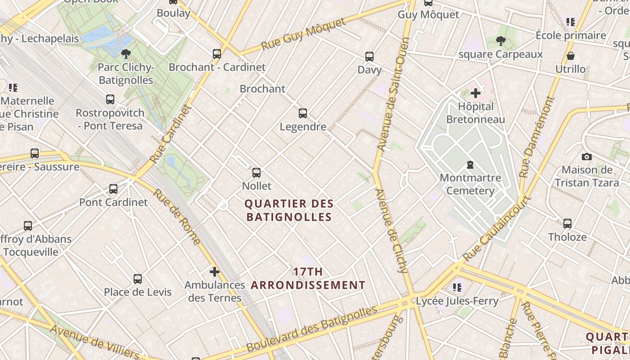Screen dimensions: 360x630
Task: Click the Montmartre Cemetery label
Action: click(470, 184)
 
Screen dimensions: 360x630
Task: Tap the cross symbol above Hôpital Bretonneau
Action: click(476, 93)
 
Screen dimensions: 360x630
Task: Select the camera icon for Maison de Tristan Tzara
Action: click(586, 157)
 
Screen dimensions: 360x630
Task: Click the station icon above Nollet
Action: click(256, 172)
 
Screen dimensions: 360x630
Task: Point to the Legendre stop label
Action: click(303, 126)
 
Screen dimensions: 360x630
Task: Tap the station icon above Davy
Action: click(369, 57)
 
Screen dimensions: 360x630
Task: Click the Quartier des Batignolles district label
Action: click(289, 210)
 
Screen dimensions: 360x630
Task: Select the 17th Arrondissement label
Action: click(308, 278)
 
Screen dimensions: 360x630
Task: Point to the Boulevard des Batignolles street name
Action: click(312, 329)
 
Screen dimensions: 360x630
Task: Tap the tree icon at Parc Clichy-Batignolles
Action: click(126, 54)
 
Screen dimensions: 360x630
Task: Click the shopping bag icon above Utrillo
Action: click(570, 56)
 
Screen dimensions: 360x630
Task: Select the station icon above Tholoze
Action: click(567, 223)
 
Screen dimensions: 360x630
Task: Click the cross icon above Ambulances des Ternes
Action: click(215, 271)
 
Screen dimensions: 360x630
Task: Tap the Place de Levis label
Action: click(138, 292)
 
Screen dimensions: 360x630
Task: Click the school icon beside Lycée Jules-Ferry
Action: click(458, 287)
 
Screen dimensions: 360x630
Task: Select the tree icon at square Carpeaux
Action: click(500, 41)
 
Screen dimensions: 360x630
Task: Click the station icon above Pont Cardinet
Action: click(113, 189)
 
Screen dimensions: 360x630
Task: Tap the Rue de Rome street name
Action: click(176, 217)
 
